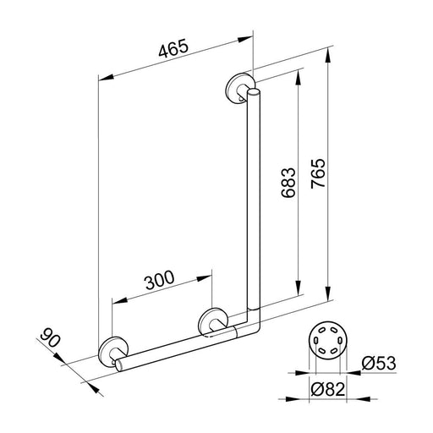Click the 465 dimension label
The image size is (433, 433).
point(173,48)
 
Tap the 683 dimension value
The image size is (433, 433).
point(288,183)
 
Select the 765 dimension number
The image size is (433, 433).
point(318,173)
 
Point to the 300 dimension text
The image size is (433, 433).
point(160,280)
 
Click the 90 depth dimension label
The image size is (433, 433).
point(50,337)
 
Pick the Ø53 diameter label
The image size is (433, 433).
point(379,363)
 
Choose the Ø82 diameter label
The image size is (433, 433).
point(328,390)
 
